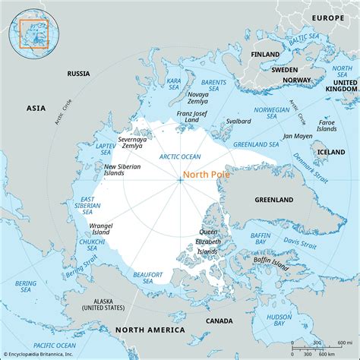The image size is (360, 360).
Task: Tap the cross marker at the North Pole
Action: click(180, 180)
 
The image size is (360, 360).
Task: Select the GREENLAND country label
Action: click(273, 200)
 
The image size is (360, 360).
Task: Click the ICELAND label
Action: click(331, 151)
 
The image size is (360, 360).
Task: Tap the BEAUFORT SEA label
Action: click(148, 277)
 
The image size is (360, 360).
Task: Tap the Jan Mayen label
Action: click(297, 136)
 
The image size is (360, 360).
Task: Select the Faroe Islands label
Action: click(327, 125)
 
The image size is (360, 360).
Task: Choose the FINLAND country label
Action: click(265, 54)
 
